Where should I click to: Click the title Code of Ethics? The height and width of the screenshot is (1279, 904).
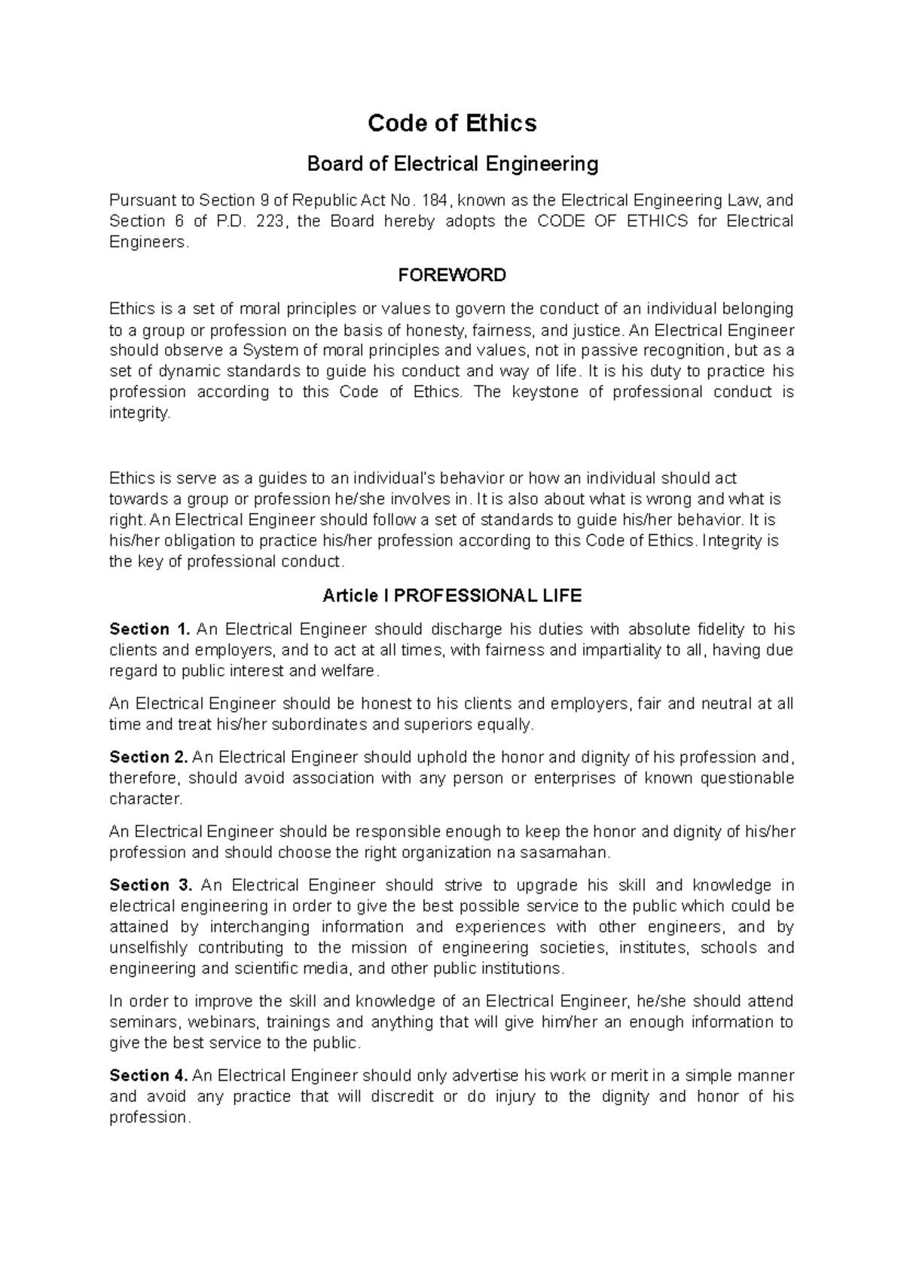tap(452, 123)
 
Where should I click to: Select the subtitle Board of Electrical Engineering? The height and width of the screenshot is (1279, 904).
tap(452, 163)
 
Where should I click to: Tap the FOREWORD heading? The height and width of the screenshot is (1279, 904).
tap(452, 275)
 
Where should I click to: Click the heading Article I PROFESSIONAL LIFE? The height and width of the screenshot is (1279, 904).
tap(452, 596)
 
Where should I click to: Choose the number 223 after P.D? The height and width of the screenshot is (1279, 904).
tap(270, 221)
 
